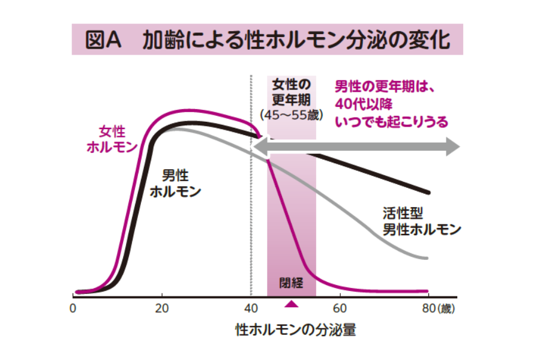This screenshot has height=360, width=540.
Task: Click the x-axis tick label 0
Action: pos(73,309)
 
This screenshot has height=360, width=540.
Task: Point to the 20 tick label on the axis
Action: pos(161,309)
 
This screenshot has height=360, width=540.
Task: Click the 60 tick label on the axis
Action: pos(340,309)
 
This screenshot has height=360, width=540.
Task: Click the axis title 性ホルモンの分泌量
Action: pos(296,330)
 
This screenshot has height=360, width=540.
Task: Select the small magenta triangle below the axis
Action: pos(291,304)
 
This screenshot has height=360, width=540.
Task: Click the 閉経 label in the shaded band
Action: pos(291,281)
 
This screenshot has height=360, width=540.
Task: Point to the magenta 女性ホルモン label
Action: pos(112,139)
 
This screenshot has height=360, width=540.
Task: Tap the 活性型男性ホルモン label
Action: pos(421,221)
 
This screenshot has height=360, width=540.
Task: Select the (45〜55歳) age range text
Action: pos(291,115)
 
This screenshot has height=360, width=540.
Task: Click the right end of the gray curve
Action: pos(427,259)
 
